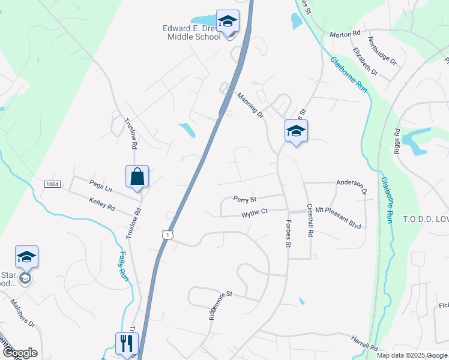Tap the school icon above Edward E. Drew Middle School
point(228,22)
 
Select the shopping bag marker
point(137,177)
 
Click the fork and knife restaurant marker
point(127,343)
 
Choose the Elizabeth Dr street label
point(365,61)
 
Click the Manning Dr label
point(250,104)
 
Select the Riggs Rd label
point(397,140)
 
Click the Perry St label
point(245,199)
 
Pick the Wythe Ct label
point(255,213)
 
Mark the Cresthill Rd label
point(310,221)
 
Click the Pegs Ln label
point(100,188)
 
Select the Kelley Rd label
point(101,204)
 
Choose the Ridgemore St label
point(220,306)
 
